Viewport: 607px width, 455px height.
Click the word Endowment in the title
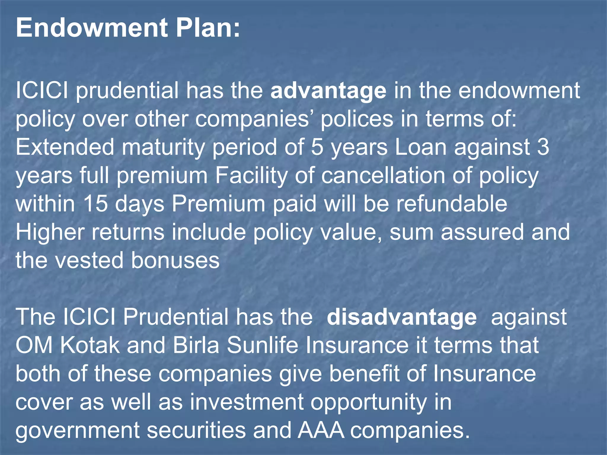point(92,28)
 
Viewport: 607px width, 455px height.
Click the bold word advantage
point(328,91)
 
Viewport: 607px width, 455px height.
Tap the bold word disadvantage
point(402,317)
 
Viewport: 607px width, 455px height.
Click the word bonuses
point(175,260)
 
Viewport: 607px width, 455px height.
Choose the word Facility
point(251,176)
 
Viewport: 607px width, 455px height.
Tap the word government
point(77,430)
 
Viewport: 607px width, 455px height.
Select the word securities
point(197,430)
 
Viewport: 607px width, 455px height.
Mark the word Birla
point(196,345)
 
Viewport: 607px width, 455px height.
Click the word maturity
point(163,147)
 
